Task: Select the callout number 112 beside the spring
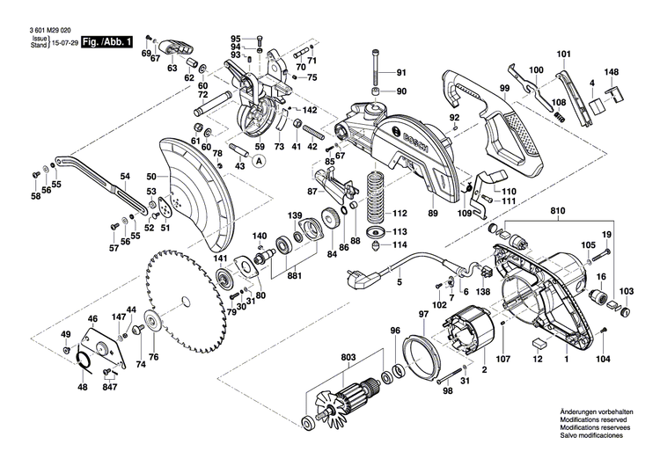tap(400, 214)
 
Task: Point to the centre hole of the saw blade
tap(185, 302)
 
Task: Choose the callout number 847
tap(109, 387)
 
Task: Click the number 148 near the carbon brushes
tap(612, 73)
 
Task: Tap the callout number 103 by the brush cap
tap(626, 291)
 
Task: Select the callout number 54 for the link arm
tap(125, 177)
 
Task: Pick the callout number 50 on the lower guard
tap(151, 178)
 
